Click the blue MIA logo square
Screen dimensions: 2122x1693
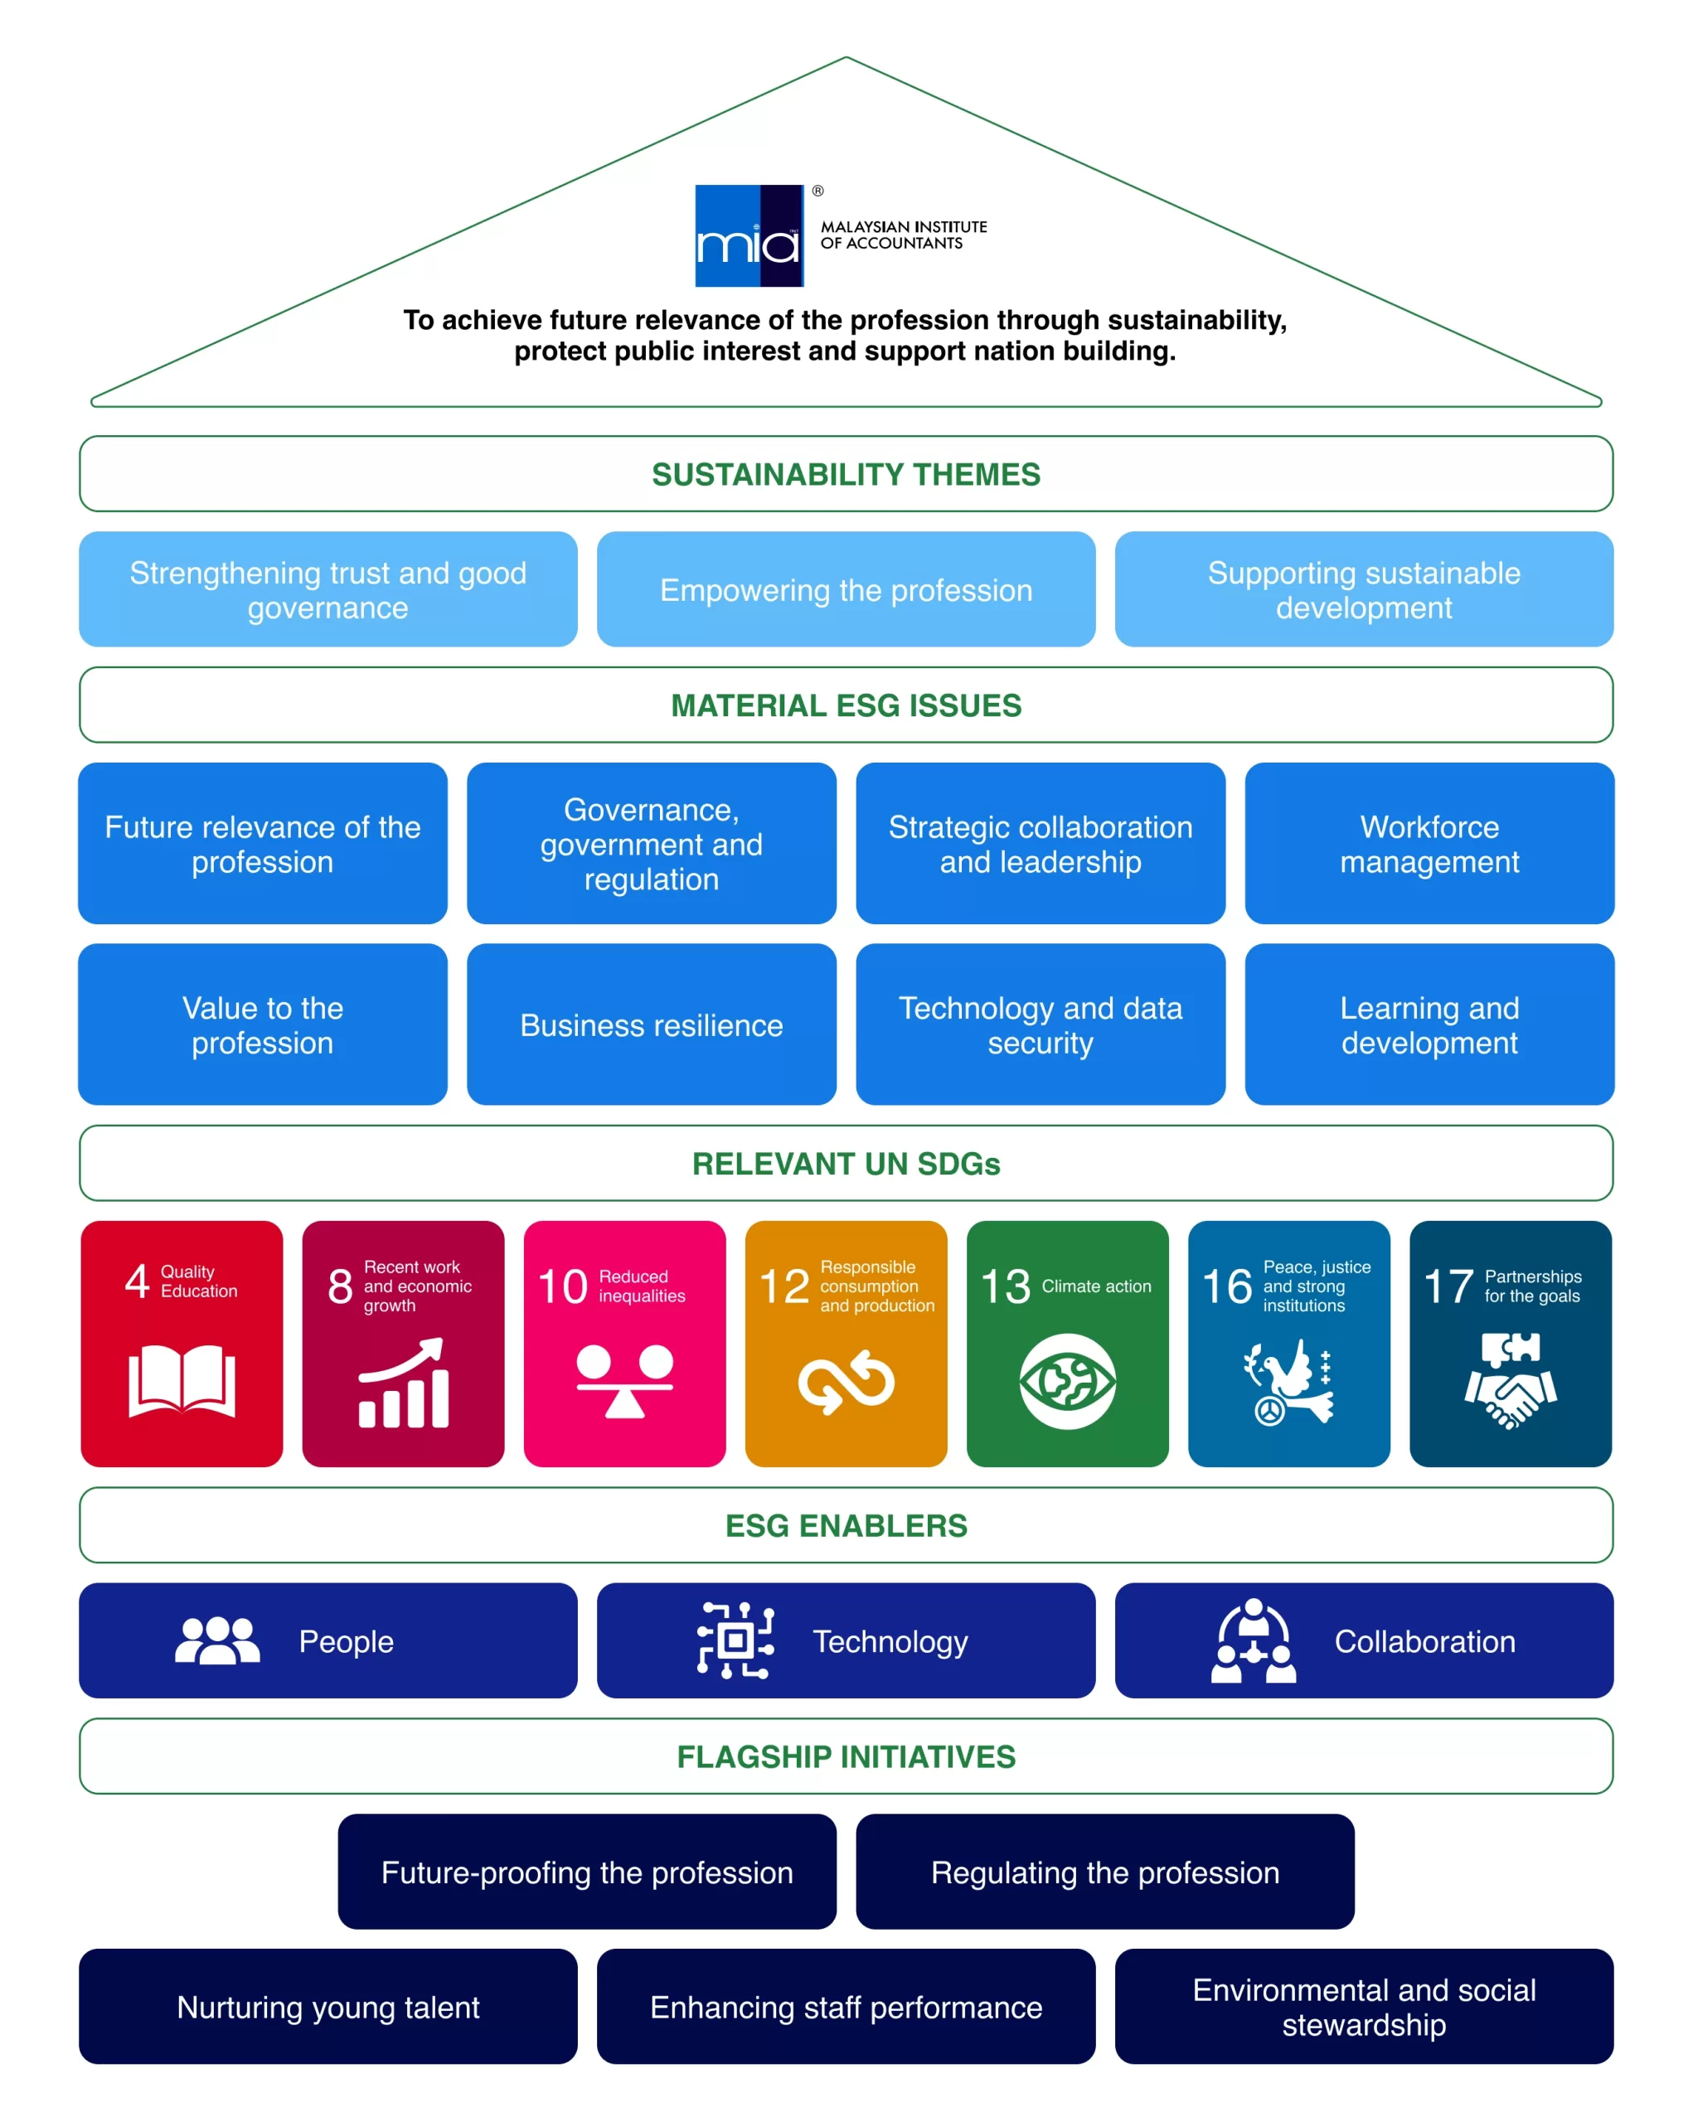tap(749, 235)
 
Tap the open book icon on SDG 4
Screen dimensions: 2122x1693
tap(182, 1380)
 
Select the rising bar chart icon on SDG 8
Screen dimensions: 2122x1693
tap(404, 1383)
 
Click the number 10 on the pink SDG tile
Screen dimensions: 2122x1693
tap(562, 1286)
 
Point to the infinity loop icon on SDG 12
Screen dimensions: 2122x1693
tap(846, 1381)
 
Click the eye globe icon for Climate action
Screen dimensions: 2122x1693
tap(1067, 1381)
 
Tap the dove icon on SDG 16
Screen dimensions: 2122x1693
tap(1288, 1381)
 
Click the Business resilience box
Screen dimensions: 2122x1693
tap(652, 1025)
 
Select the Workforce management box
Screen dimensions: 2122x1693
tap(1429, 844)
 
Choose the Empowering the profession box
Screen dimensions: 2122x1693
tap(846, 589)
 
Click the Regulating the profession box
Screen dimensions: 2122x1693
tap(1104, 1872)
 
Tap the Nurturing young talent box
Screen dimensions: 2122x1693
tap(327, 2007)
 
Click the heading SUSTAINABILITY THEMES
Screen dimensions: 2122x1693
tap(846, 474)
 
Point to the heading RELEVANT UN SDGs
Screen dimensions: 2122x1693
tap(846, 1163)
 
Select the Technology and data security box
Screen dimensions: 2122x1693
tap(1041, 1025)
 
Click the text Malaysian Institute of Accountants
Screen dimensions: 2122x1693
tap(903, 235)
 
